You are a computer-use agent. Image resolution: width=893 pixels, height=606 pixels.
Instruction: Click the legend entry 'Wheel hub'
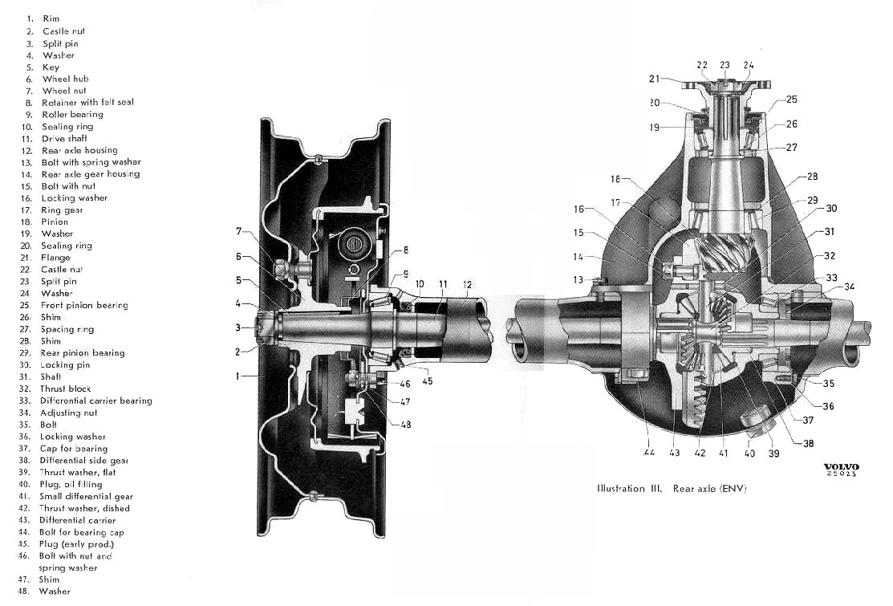click(66, 79)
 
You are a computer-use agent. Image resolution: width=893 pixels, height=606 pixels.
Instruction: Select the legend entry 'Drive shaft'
click(64, 138)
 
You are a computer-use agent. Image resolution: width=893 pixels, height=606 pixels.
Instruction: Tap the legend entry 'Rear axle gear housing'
click(91, 174)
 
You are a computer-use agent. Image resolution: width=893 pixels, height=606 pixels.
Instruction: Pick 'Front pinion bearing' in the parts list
click(84, 305)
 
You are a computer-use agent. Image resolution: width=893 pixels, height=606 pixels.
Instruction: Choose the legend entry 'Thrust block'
click(66, 388)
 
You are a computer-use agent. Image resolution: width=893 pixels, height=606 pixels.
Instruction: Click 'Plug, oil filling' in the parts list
click(71, 484)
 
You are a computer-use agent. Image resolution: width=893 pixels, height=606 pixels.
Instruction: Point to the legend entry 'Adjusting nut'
click(68, 413)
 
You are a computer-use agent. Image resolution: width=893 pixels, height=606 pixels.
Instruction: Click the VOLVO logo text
click(841, 467)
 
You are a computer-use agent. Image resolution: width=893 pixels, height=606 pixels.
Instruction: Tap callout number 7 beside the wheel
click(239, 230)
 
